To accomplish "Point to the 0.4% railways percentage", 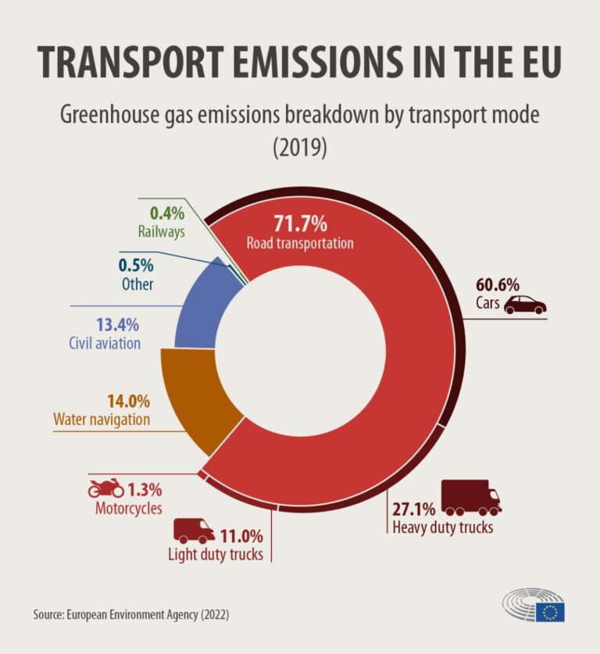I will point(166,213).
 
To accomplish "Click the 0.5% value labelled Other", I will point(137,266).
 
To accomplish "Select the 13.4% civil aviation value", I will point(118,324).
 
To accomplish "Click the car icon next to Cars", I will point(525,305).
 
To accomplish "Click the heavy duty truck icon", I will point(471,497).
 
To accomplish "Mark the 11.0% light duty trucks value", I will point(241,537).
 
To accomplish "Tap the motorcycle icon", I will point(105,489).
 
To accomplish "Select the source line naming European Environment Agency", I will point(131,615).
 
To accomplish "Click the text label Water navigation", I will point(101,420).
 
